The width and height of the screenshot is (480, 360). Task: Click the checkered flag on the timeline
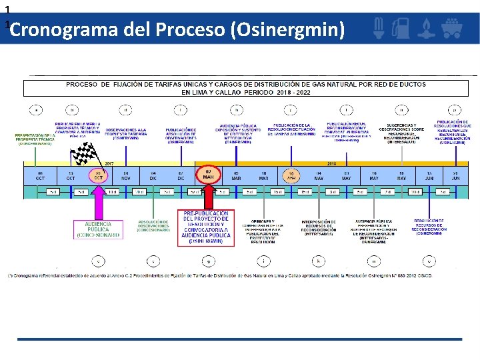(x=84, y=155)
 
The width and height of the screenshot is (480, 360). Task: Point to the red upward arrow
(x=209, y=197)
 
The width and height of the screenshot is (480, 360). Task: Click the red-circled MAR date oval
(x=208, y=175)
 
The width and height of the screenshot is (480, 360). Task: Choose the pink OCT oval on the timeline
(x=98, y=175)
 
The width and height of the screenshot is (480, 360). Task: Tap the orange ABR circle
(x=291, y=175)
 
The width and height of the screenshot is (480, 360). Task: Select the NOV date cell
(x=125, y=175)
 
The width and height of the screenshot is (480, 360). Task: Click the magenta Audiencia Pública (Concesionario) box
(x=98, y=229)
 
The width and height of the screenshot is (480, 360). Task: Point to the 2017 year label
(x=109, y=163)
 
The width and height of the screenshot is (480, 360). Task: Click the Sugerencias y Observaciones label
(x=402, y=132)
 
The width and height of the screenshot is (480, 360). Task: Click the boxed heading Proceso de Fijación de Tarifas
(x=246, y=89)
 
